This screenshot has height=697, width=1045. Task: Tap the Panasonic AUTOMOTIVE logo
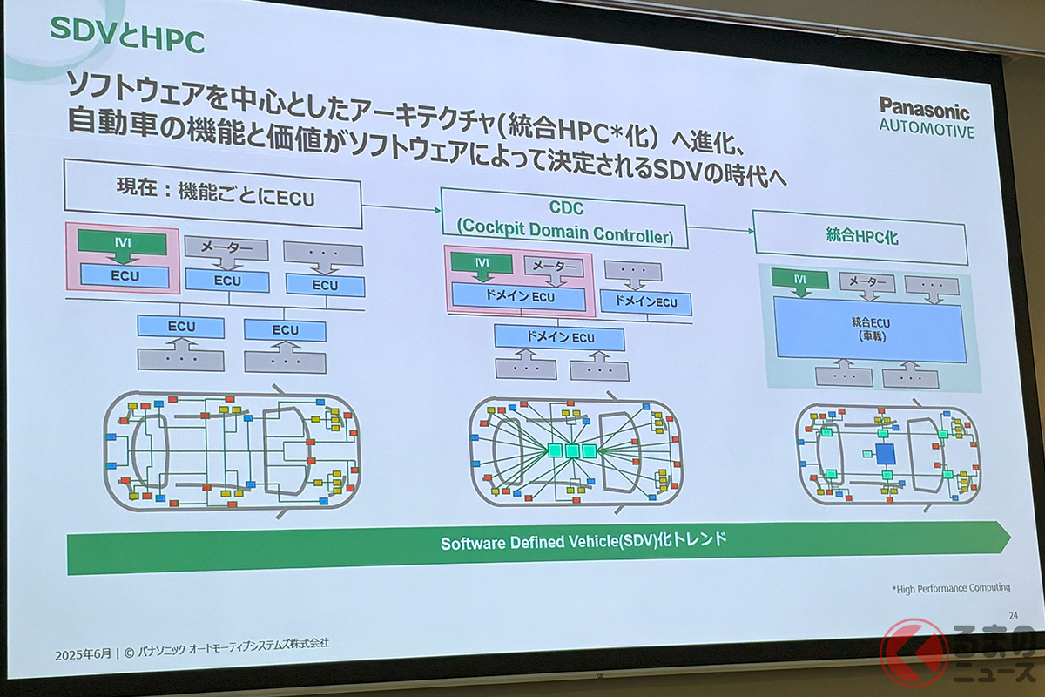click(927, 118)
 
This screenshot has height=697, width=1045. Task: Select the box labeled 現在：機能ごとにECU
click(213, 193)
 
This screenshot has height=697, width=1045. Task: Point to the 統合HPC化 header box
click(860, 237)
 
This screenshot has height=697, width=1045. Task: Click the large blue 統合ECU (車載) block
click(869, 329)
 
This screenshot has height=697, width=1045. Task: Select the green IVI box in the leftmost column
click(123, 243)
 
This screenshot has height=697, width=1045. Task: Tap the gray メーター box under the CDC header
click(554, 267)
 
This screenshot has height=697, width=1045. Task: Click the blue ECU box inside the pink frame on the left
click(125, 276)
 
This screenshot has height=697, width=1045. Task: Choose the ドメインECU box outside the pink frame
click(645, 302)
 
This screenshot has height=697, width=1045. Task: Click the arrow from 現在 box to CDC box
click(401, 208)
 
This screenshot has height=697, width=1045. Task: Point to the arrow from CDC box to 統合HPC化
click(721, 230)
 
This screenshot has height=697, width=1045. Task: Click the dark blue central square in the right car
click(885, 454)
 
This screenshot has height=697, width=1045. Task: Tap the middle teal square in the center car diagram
click(572, 451)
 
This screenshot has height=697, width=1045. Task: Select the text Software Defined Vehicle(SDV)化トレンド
click(583, 542)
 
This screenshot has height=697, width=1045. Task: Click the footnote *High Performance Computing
click(951, 588)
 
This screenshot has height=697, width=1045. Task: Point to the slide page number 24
click(1013, 616)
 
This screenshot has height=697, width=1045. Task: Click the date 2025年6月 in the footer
click(83, 654)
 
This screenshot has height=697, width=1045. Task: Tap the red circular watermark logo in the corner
click(914, 653)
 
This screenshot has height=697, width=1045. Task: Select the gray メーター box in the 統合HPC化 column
click(866, 281)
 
